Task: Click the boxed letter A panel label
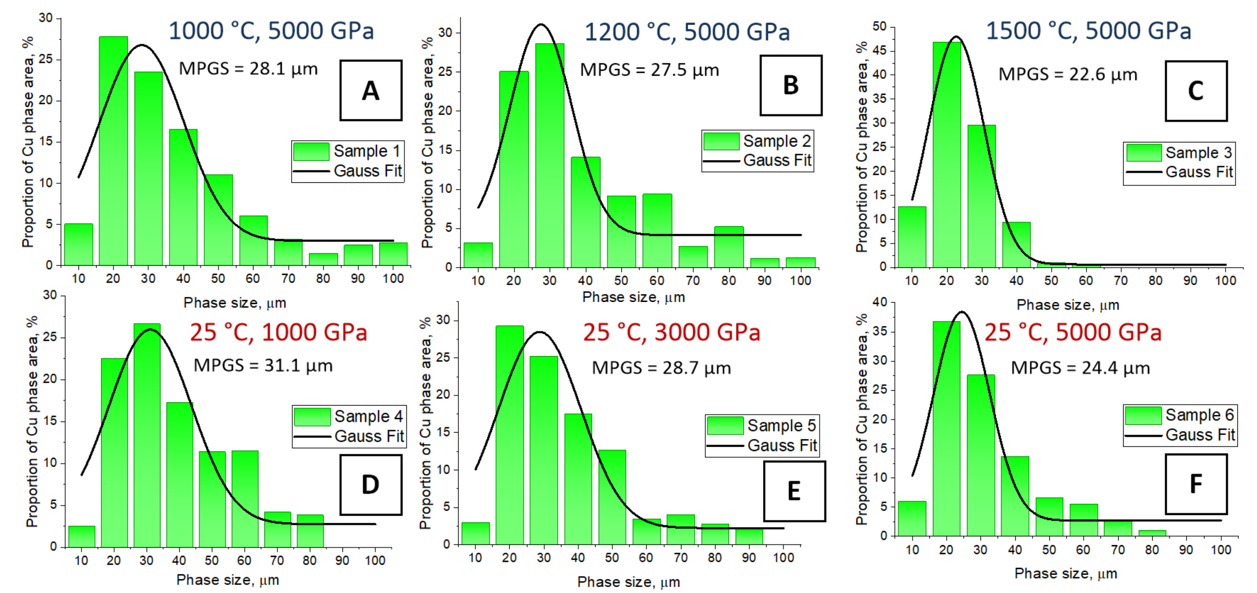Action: click(370, 90)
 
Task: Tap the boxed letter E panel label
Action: click(794, 491)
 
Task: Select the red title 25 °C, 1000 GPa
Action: click(278, 333)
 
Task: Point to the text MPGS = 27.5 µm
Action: click(649, 70)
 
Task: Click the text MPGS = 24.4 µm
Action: click(1080, 368)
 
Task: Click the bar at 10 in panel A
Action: click(78, 244)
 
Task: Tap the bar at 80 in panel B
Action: click(729, 247)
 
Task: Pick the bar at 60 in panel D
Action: click(244, 498)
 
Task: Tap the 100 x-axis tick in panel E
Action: click(783, 558)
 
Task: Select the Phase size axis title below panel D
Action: click(228, 580)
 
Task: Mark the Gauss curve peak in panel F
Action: click(962, 312)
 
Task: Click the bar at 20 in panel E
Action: click(510, 435)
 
